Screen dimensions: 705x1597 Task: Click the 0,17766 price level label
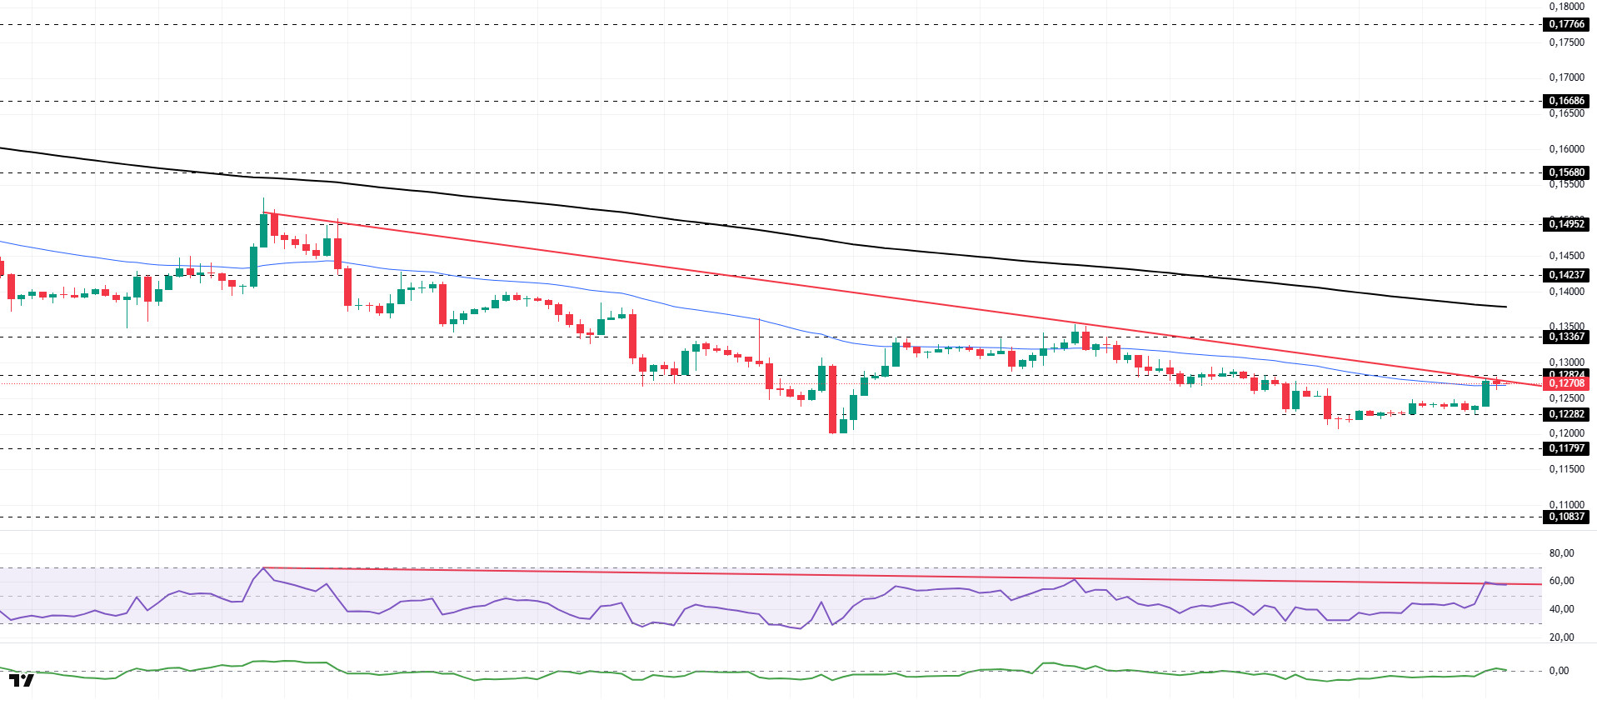point(1566,24)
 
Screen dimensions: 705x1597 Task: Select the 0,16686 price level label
point(1566,101)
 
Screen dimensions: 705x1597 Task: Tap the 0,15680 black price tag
point(1566,172)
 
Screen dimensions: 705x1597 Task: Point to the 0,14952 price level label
point(1566,224)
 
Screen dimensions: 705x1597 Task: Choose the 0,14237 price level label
point(1566,275)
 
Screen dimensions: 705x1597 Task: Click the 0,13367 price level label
point(1566,337)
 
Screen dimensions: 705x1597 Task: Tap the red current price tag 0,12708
point(1566,383)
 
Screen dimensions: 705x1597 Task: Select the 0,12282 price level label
point(1566,414)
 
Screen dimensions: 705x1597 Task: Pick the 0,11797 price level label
point(1566,448)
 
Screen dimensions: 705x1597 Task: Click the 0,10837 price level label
point(1566,517)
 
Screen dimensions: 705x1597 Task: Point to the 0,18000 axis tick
point(1566,7)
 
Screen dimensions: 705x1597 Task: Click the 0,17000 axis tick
point(1566,77)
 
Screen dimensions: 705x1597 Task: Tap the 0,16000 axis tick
point(1566,149)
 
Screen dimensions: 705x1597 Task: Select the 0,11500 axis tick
point(1566,469)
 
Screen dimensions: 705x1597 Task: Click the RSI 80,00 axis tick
point(1561,553)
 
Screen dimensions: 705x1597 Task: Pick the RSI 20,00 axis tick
point(1561,637)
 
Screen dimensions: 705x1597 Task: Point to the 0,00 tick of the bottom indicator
point(1559,671)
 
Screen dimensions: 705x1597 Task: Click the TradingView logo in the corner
point(22,681)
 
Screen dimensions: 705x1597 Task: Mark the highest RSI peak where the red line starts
point(264,568)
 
